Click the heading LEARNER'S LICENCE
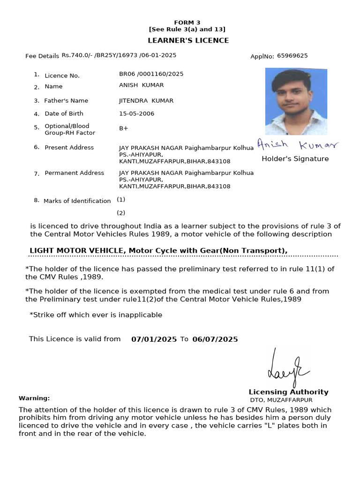coord(188,40)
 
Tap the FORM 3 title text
coord(187,22)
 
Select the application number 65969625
coord(292,56)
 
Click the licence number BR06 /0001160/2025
coord(151,74)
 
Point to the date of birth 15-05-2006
coord(136,113)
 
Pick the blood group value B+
coord(124,127)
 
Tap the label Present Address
coord(69,147)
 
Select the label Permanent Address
coord(74,173)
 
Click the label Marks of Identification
coord(77,201)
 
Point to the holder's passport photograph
coord(296,101)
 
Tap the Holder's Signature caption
coord(295,159)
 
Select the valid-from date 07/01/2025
coord(154,339)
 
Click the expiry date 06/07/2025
coord(215,339)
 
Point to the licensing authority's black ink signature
coord(285,368)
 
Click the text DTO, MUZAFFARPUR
coord(281,400)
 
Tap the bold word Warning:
coord(34,398)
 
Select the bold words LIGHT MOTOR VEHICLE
coord(77,250)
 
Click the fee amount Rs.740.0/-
coord(77,55)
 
